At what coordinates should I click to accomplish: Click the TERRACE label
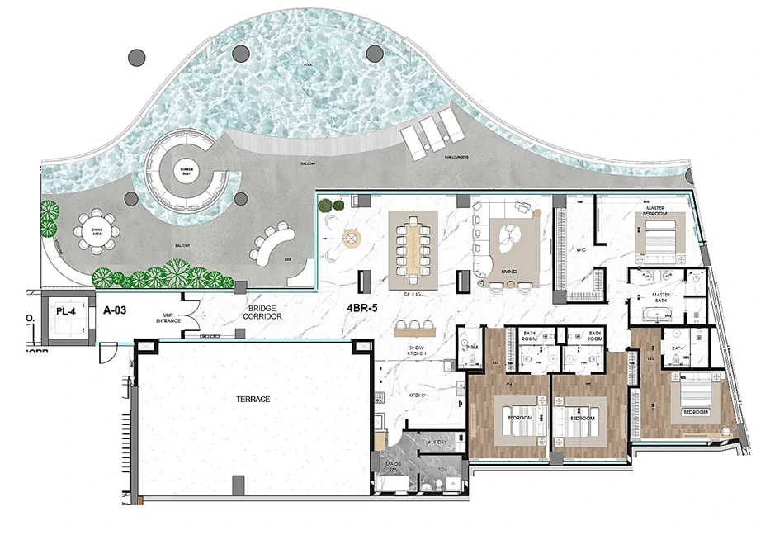253,399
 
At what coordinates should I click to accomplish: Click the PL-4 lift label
66,311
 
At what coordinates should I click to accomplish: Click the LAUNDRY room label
437,443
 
